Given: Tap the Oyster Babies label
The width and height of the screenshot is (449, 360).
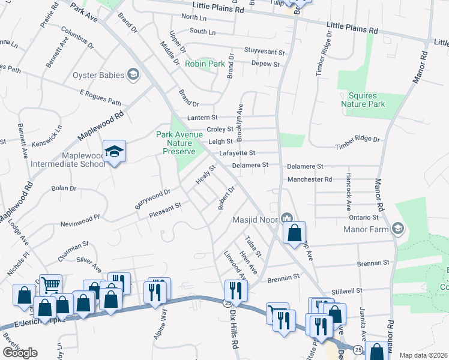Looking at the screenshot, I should [98, 75].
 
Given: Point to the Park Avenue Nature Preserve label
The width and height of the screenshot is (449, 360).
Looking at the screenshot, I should [179, 143].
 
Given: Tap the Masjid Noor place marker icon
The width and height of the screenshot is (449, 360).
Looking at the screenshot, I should [286, 217].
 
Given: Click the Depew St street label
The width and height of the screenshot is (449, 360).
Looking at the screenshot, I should [266, 64].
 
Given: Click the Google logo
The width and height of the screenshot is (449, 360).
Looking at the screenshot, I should [20, 353].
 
